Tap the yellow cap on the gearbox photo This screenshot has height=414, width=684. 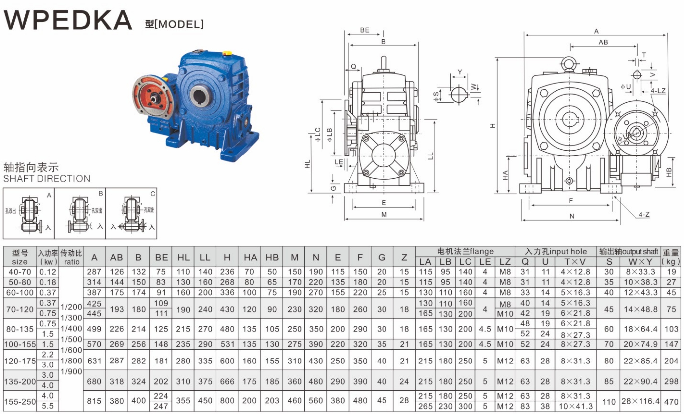tap(227, 53)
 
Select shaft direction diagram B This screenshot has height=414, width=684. tap(80, 213)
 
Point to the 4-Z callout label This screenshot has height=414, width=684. tap(644, 214)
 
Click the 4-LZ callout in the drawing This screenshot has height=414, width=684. tap(658, 91)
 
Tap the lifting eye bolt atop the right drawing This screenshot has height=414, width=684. tap(570, 64)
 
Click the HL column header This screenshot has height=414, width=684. tap(183, 258)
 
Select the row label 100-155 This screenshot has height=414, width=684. tap(20, 344)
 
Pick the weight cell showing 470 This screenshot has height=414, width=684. tap(671, 401)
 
